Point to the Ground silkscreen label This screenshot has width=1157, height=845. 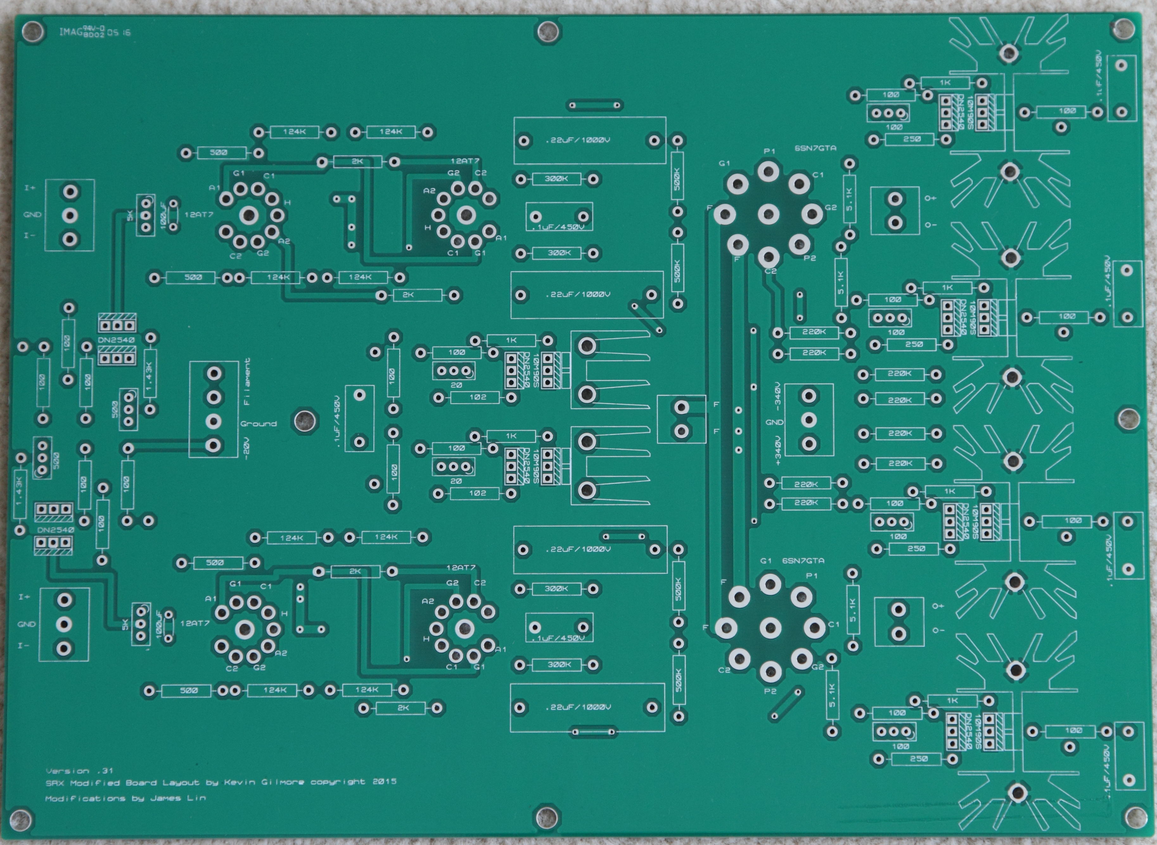(259, 423)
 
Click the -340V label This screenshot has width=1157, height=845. (778, 397)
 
